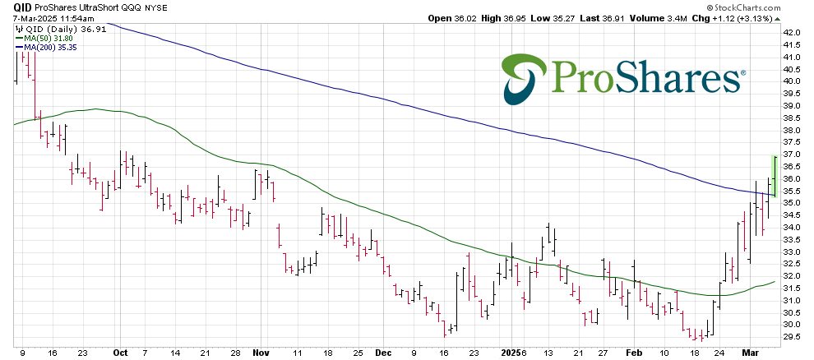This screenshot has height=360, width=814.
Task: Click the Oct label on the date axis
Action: [121, 352]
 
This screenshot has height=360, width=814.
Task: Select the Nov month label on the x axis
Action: [260, 352]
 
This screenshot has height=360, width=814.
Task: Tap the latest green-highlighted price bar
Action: [774, 175]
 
